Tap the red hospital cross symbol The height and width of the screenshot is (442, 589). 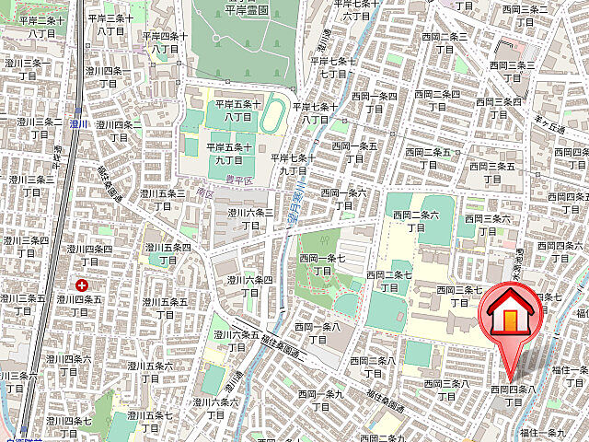pos(83,287)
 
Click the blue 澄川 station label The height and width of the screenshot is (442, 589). pos(78,122)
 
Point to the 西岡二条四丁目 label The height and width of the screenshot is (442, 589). pos(437,99)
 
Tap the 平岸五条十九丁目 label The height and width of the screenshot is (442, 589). pos(229,153)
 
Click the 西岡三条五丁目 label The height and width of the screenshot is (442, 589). pos(491,172)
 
